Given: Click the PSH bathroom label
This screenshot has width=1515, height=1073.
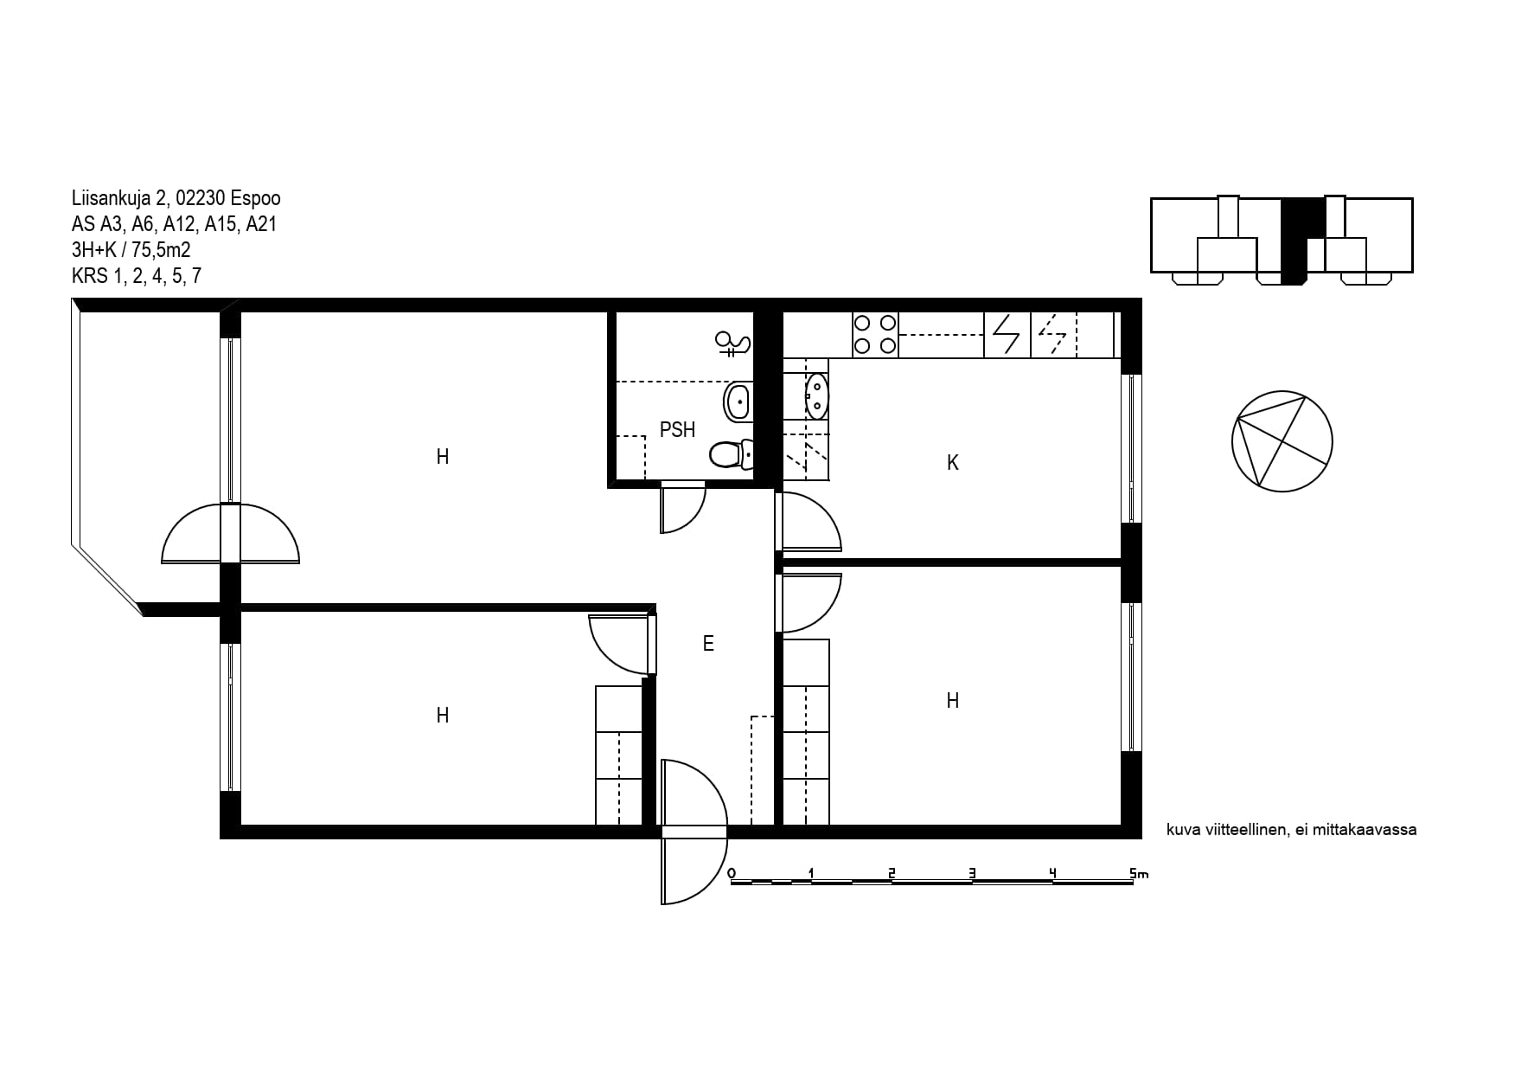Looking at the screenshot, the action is (x=677, y=430).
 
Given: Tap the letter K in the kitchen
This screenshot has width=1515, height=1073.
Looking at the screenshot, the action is (x=953, y=463).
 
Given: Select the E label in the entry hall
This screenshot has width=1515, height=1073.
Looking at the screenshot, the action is (x=708, y=644).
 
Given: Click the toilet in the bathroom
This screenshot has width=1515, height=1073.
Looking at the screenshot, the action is (x=732, y=453).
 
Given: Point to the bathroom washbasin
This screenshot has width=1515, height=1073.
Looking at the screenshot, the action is (x=738, y=402).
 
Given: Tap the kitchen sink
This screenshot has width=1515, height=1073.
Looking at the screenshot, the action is (x=816, y=396).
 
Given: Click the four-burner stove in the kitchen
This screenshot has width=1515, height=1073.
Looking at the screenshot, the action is (x=875, y=335).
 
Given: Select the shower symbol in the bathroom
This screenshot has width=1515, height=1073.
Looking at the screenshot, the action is (x=733, y=344).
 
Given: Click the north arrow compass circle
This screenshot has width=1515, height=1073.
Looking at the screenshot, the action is (x=1282, y=441).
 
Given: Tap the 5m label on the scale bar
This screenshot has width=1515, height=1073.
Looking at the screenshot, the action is (x=1139, y=873).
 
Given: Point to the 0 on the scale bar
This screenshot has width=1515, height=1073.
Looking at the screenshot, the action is (x=732, y=873).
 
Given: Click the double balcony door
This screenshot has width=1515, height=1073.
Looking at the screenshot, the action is (x=230, y=533).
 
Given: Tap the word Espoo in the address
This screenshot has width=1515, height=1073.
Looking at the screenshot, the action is (x=256, y=198).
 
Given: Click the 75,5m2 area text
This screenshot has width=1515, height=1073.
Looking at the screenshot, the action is (x=161, y=250).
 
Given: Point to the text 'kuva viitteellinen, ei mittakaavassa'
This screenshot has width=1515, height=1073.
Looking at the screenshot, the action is (x=1292, y=830).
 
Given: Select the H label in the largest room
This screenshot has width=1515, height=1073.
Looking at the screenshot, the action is (x=443, y=457).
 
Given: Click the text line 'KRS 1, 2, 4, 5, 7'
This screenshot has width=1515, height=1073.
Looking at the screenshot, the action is (x=137, y=276).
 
